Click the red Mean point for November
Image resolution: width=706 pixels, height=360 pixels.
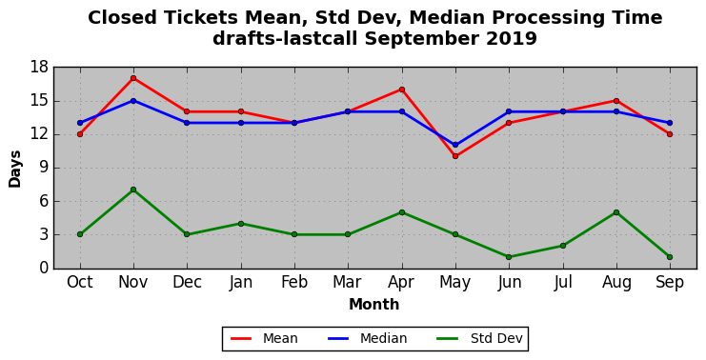coord(133,78)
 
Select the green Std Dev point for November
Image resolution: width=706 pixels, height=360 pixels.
coord(133,190)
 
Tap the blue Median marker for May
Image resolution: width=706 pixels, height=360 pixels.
coord(455,145)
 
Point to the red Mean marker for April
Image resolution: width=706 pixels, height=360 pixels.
coord(402,90)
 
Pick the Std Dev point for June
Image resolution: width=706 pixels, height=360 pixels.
coord(509,257)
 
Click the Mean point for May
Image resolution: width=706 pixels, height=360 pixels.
coord(455,156)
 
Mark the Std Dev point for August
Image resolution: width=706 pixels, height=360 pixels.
coord(615,212)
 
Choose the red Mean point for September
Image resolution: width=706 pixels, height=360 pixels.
coord(670,134)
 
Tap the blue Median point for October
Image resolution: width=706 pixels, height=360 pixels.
coord(80,123)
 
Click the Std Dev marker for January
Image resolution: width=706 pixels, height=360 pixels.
coord(240,224)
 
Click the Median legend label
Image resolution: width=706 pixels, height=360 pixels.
coord(383,338)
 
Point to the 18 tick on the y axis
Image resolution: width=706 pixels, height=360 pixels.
coord(39,68)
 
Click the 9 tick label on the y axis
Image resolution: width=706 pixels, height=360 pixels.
coord(44,168)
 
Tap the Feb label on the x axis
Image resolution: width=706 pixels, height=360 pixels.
coord(294,283)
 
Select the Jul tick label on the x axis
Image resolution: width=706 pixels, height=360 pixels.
coord(563,283)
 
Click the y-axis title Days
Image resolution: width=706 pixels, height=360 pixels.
coord(15,169)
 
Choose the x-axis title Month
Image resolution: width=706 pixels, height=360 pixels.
coord(373,305)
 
